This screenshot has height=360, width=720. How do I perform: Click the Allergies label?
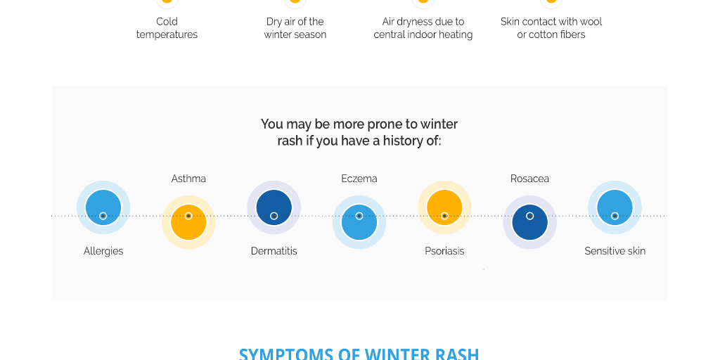tap(103, 251)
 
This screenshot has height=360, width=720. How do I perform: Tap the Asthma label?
tap(188, 179)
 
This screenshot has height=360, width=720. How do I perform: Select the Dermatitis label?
tap(274, 251)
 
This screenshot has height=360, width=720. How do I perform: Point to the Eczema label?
tap(359, 179)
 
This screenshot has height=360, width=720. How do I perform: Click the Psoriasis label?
tap(444, 251)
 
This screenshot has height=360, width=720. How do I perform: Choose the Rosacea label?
tap(529, 179)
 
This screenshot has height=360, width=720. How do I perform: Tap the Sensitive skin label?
tap(615, 251)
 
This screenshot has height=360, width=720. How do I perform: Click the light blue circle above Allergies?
tap(103, 207)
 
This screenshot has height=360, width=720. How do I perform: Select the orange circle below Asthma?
tap(188, 223)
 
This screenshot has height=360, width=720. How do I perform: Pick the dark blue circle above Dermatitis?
tap(274, 207)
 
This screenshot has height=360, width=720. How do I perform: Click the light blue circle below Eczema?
tap(359, 223)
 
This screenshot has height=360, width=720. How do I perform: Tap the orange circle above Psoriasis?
tap(444, 207)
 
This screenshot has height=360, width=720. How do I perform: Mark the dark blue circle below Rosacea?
tap(529, 223)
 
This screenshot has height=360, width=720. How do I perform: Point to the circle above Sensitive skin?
tap(615, 207)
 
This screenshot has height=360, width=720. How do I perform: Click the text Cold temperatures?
tap(167, 28)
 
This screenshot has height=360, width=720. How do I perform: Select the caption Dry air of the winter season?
tap(295, 28)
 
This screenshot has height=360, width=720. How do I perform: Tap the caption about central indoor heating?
tap(423, 28)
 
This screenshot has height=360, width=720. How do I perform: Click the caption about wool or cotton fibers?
tap(551, 28)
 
